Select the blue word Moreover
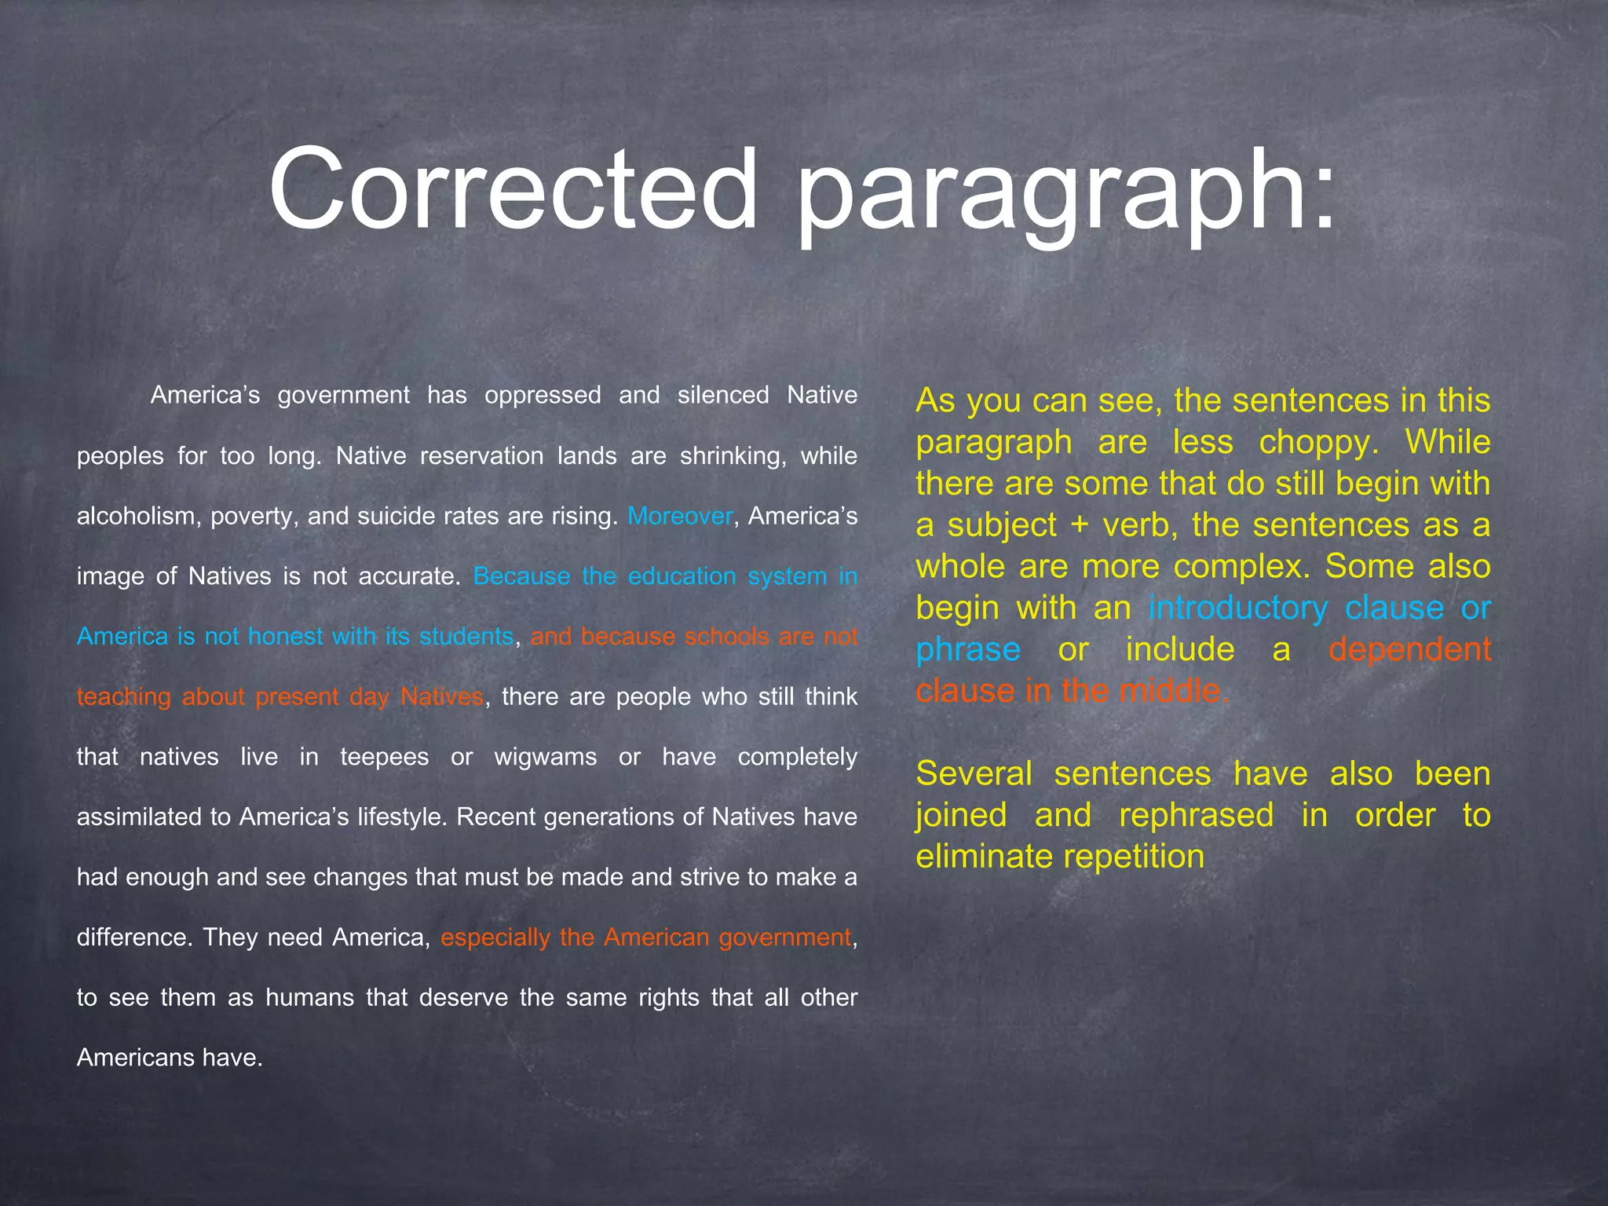click(680, 517)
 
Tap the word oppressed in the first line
click(542, 395)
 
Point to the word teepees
click(384, 758)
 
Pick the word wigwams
click(546, 758)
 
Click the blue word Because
click(521, 577)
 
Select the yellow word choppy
click(1318, 443)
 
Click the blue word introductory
click(1237, 608)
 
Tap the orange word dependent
click(1409, 650)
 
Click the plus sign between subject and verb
click(1080, 525)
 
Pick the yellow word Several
click(973, 774)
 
